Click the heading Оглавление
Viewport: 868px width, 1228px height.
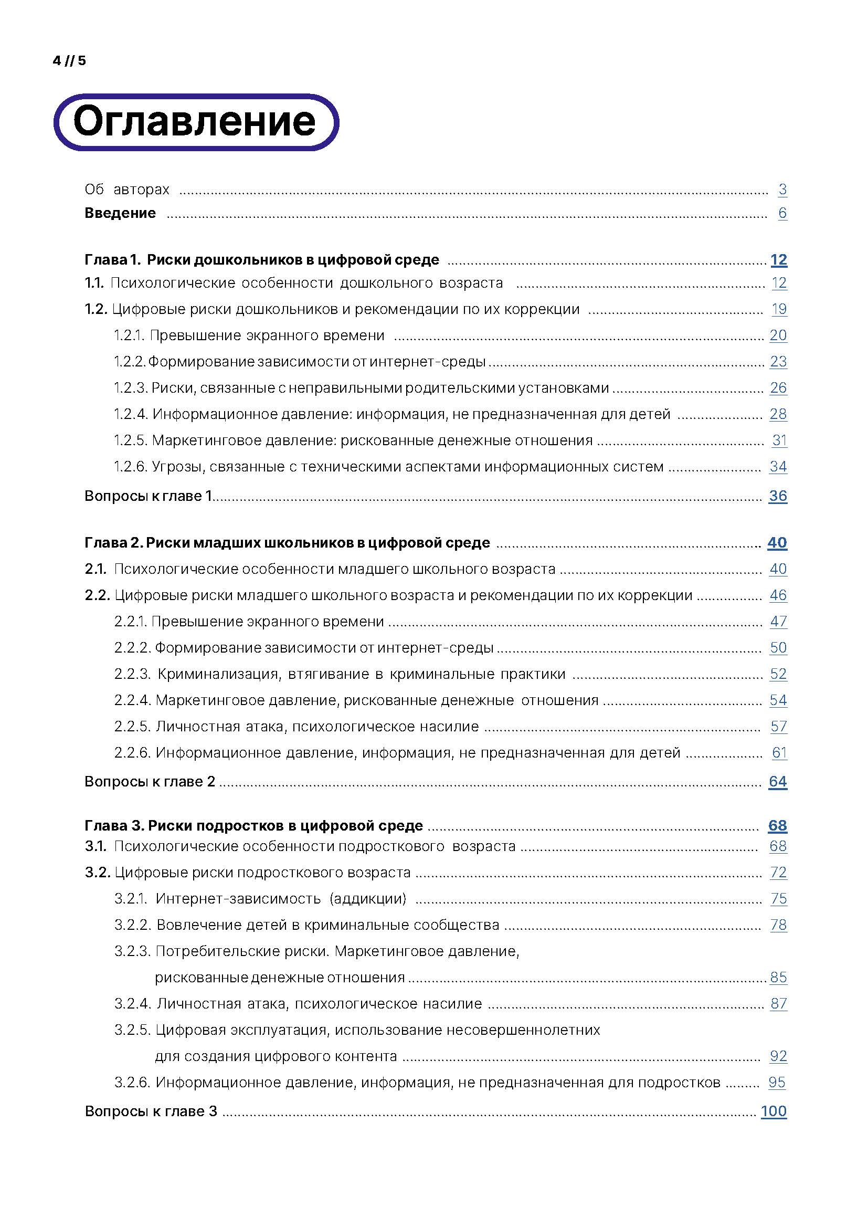pos(195,122)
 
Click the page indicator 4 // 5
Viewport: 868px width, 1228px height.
pos(69,61)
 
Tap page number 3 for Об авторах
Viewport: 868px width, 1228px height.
pos(782,190)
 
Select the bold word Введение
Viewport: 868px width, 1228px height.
pos(120,213)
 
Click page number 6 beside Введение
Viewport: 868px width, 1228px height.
pos(782,213)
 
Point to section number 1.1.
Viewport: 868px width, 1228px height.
pos(94,283)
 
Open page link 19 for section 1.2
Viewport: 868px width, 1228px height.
pos(779,309)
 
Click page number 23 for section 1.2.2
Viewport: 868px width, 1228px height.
pos(778,362)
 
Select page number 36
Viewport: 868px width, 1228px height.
pos(778,496)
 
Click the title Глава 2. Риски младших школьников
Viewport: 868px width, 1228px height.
pos(287,543)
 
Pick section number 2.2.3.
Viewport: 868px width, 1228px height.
pos(133,674)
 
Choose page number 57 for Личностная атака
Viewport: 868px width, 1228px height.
pos(778,726)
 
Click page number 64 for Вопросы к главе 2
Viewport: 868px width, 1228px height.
pos(778,781)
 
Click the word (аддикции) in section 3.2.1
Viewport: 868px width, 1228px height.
pos(368,898)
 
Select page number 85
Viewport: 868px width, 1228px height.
pos(778,977)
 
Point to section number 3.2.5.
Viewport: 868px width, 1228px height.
pos(133,1030)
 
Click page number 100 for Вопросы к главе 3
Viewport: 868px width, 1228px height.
pos(774,1111)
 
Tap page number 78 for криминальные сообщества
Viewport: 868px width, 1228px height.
pos(778,925)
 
